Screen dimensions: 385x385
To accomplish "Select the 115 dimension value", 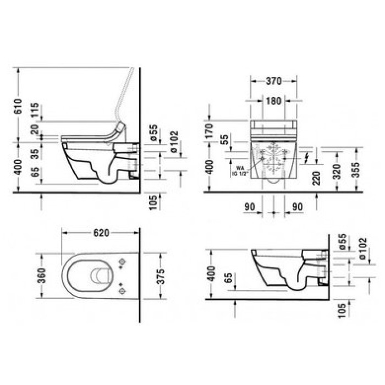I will [x=35, y=111].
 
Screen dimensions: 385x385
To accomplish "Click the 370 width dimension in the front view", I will [x=273, y=81].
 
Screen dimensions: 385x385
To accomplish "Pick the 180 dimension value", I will [x=273, y=101].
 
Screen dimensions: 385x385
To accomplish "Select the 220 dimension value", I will [x=316, y=178].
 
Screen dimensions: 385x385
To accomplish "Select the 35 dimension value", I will [x=35, y=153].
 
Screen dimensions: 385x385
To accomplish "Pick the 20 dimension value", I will [x=35, y=130].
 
